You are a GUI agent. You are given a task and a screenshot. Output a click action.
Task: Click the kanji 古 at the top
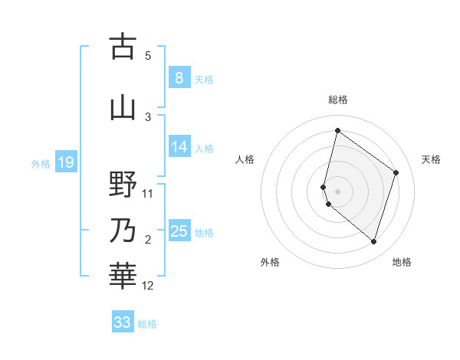[x=123, y=47]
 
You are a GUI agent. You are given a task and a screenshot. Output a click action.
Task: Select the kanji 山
[x=123, y=108]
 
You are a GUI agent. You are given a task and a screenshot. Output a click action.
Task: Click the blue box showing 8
[x=179, y=77]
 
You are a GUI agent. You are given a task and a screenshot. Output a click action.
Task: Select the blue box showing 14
[x=179, y=147]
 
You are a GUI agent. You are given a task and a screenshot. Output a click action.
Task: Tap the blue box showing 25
[x=179, y=231]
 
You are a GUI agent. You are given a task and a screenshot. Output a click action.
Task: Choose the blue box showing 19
[x=65, y=162]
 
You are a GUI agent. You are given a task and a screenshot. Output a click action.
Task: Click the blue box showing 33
[x=123, y=322]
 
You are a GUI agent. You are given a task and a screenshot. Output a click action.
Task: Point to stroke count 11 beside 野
[x=148, y=194]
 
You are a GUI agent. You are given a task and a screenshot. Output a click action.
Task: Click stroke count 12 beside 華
[x=148, y=286]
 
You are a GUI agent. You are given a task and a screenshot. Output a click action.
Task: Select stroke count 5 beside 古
[x=148, y=56]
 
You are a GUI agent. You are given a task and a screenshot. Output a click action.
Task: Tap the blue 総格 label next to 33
[x=147, y=324]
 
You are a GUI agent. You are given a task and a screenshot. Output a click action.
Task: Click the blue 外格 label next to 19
[x=41, y=163]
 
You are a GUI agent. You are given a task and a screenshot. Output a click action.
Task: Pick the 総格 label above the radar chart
[x=338, y=100]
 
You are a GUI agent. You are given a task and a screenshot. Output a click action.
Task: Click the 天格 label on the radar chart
[x=431, y=159]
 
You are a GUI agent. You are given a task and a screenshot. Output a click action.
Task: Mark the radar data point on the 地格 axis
[x=373, y=242]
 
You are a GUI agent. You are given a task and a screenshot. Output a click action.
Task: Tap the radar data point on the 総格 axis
[x=337, y=130]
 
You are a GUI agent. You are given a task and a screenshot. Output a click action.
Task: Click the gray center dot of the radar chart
[x=337, y=189]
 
